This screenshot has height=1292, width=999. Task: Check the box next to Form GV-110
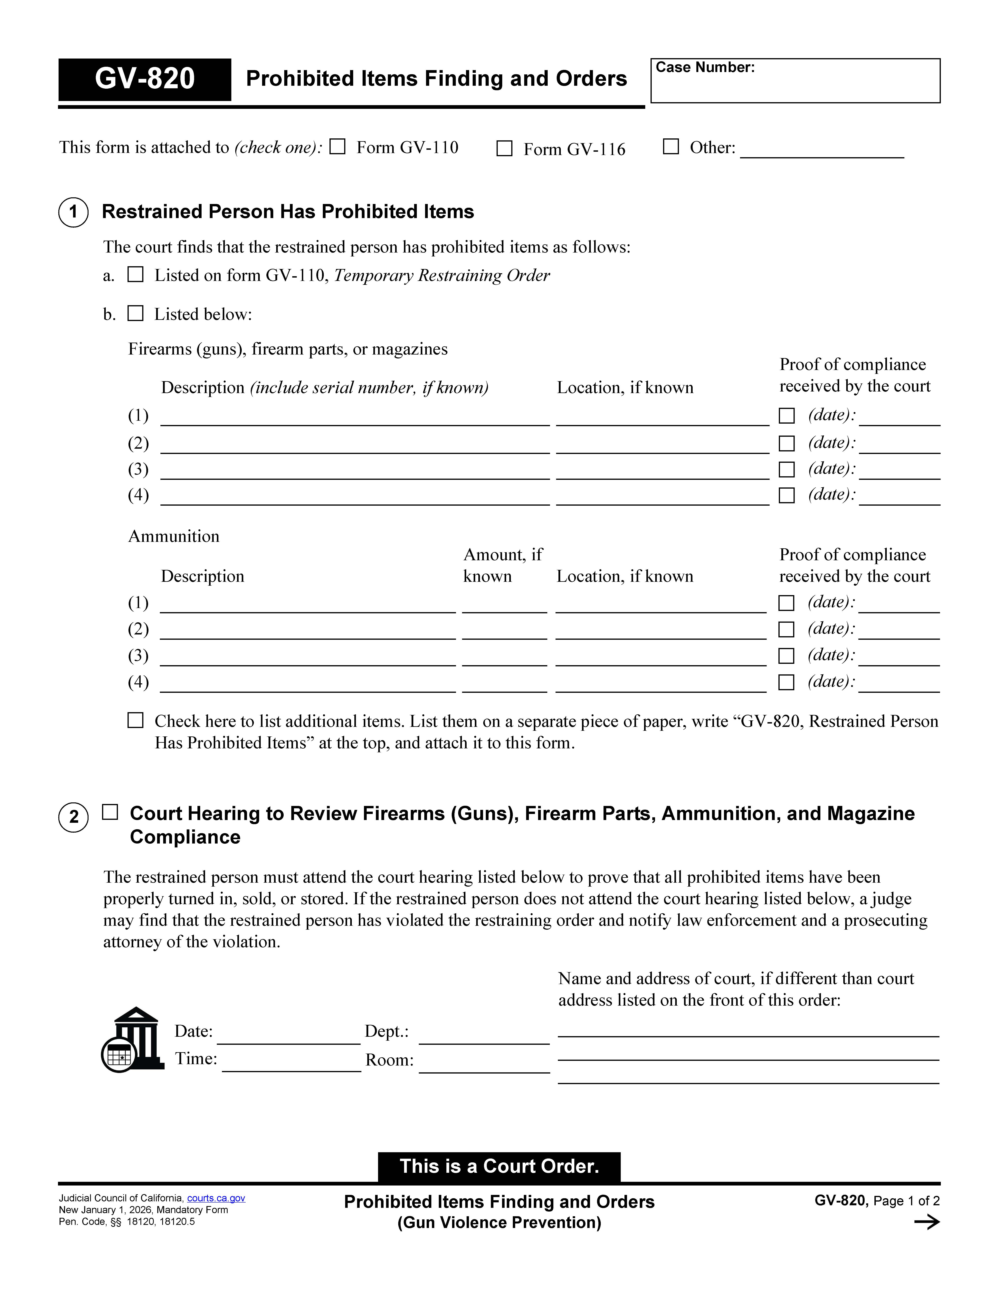(337, 147)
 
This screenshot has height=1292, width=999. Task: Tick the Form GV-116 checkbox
(504, 149)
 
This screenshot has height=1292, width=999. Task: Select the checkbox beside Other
(671, 147)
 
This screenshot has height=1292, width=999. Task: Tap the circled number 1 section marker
(73, 212)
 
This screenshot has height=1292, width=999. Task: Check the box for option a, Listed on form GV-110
(136, 274)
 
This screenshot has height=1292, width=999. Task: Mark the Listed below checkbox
(136, 314)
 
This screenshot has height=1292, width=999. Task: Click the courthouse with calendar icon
(131, 1039)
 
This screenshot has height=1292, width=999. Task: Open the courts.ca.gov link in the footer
(216, 1198)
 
